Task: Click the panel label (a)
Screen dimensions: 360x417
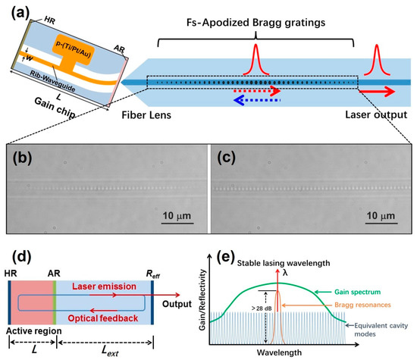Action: click(17, 13)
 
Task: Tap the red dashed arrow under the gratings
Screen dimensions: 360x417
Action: click(258, 89)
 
